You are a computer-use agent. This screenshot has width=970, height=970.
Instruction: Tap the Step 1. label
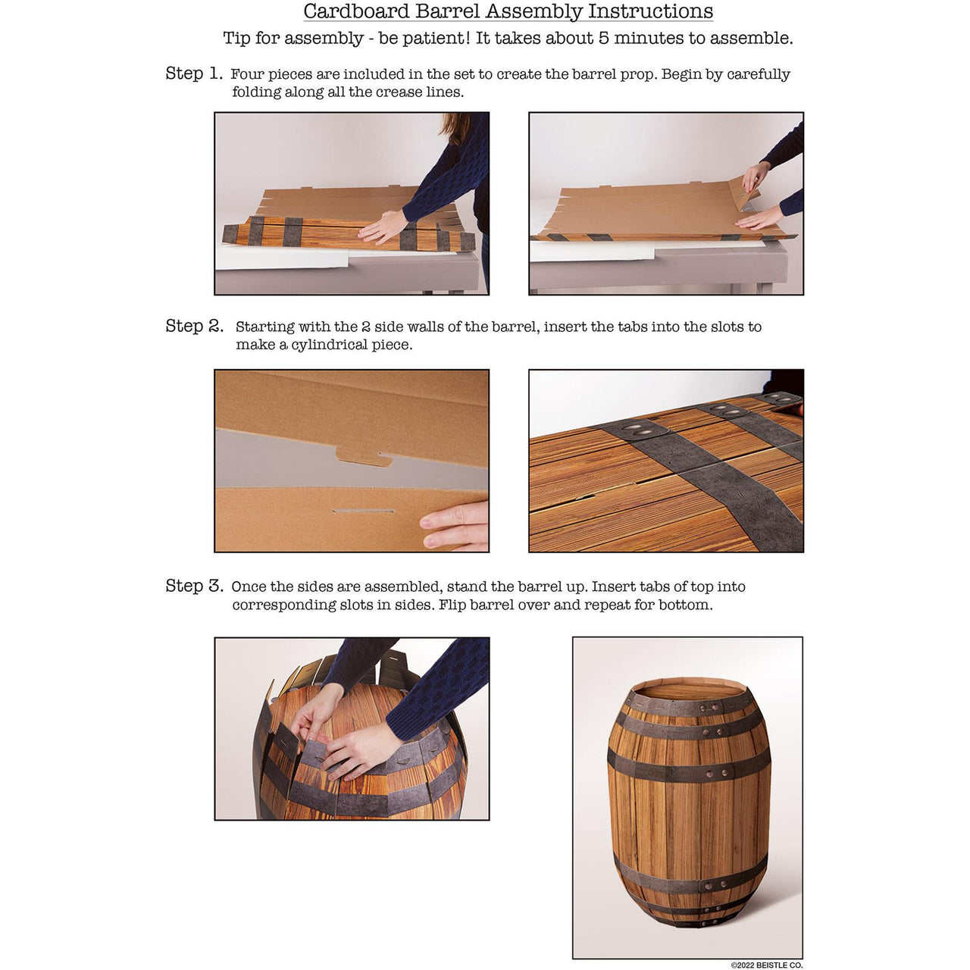click(194, 74)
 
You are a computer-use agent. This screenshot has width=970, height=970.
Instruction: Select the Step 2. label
click(194, 326)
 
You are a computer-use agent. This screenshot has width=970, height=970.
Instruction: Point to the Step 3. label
click(194, 586)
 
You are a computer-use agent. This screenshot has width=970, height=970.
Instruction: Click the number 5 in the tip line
click(603, 39)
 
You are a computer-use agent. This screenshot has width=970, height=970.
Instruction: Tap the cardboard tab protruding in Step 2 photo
click(363, 457)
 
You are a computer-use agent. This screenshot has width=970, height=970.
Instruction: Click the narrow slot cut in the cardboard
click(363, 512)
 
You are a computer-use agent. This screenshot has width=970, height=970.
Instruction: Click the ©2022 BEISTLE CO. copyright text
click(766, 965)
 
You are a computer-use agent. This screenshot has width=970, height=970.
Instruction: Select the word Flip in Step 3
click(452, 605)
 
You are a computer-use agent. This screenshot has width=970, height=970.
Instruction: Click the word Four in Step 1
click(247, 74)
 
